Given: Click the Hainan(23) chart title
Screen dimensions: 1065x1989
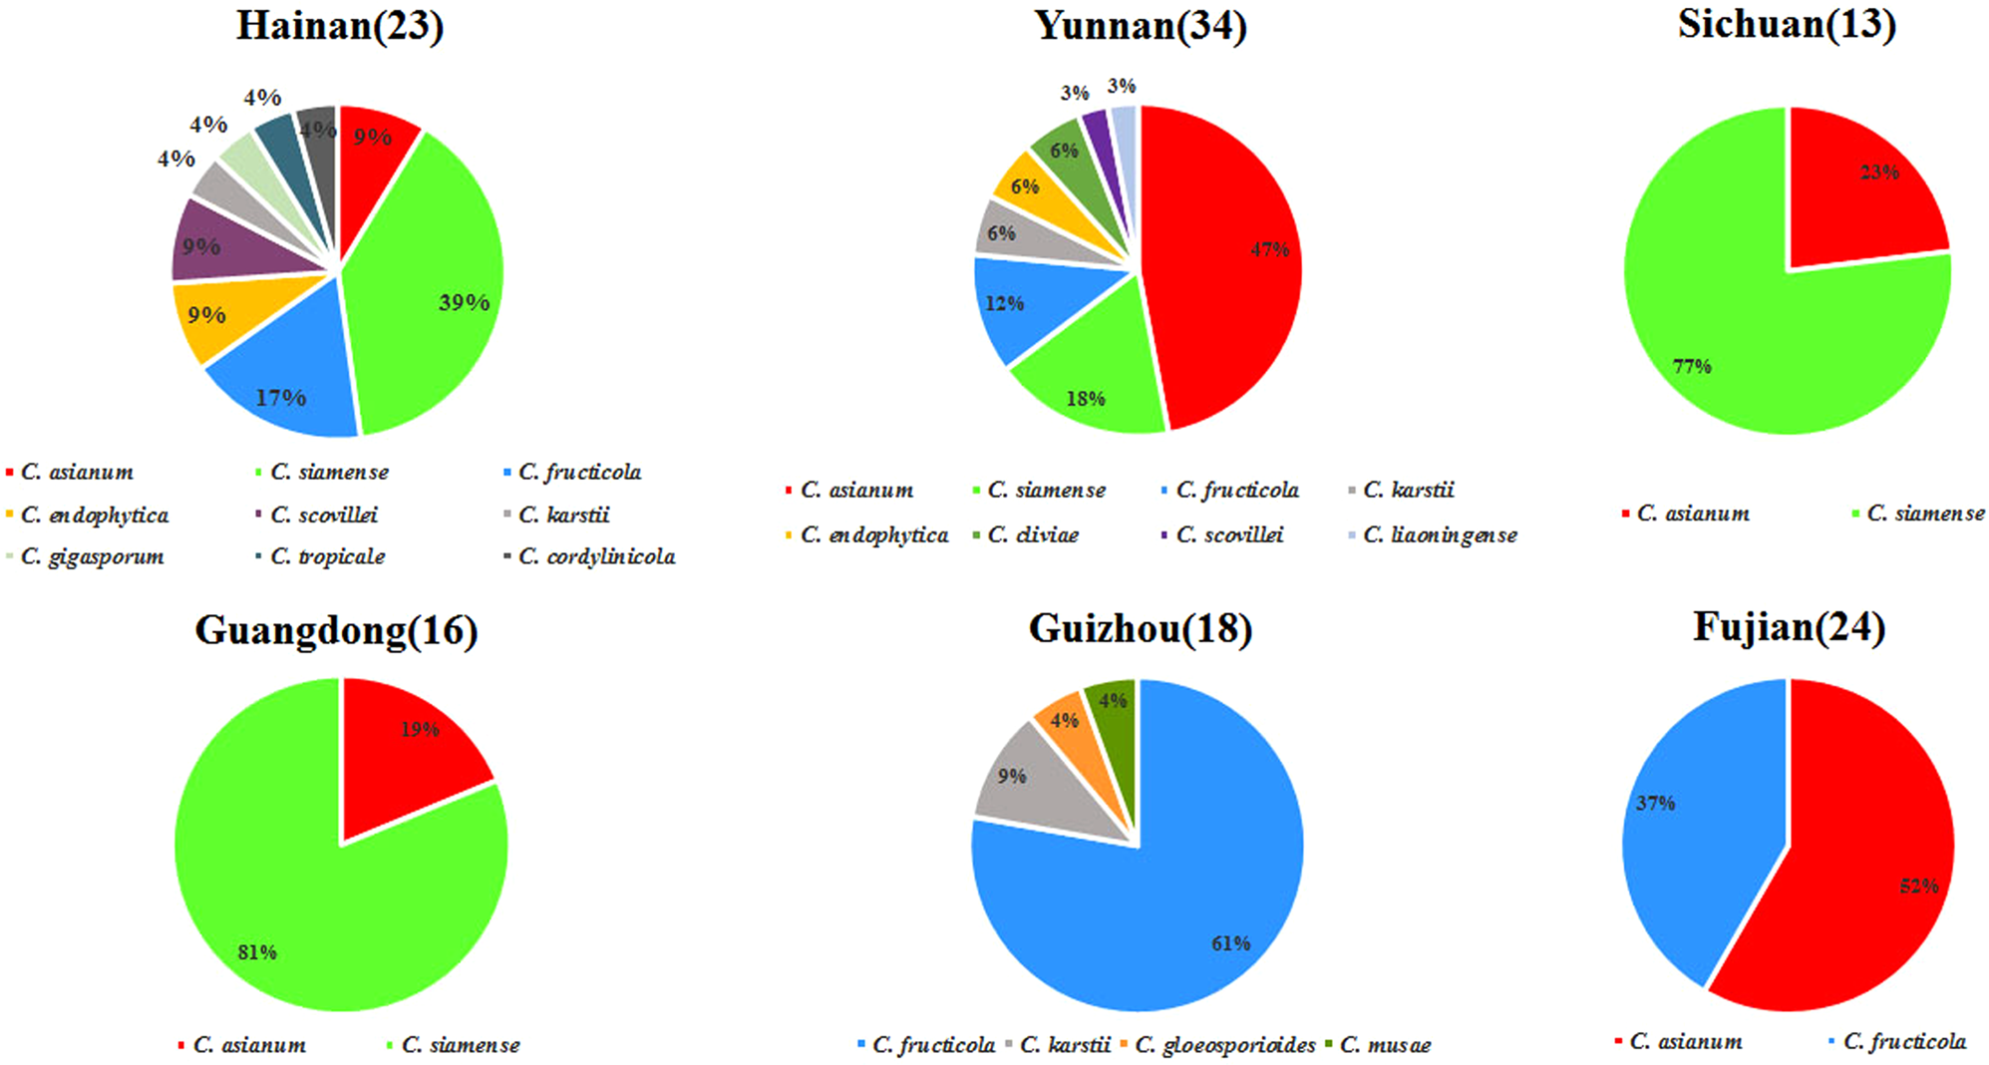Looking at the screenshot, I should pos(339,26).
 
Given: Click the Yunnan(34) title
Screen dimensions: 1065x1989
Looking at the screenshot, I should pos(1141,26).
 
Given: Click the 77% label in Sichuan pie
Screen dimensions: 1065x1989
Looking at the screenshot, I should pos(1692,367).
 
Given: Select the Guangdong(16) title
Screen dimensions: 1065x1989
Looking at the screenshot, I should pos(336,630).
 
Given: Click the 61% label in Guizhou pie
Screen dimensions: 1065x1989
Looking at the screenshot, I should pos(1230,943).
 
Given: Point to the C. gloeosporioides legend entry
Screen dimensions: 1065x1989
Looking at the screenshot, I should pos(1224,1045).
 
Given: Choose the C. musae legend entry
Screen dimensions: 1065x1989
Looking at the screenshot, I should pos(1385,1045).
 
